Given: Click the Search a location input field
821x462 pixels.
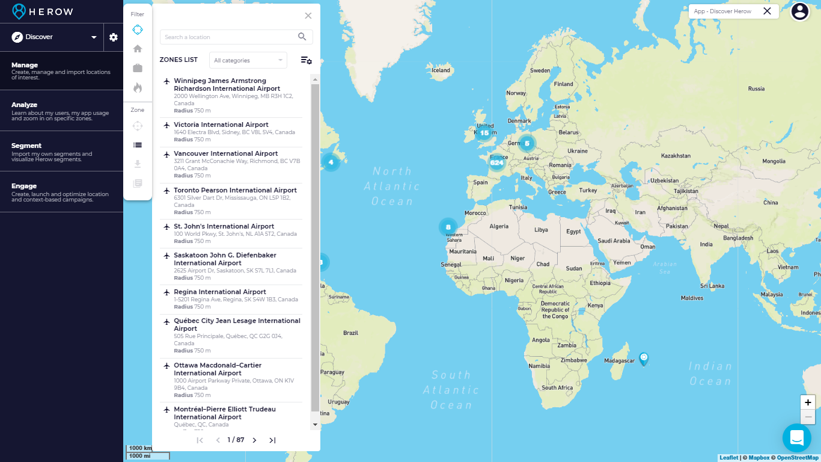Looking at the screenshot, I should [x=228, y=37].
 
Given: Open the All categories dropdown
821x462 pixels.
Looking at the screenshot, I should [x=248, y=60].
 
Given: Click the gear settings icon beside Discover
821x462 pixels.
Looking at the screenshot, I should [x=114, y=37].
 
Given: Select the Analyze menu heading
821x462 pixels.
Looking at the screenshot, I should [x=25, y=105].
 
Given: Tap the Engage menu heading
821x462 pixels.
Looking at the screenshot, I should [x=24, y=186].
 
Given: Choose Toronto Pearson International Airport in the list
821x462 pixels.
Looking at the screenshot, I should [x=235, y=190].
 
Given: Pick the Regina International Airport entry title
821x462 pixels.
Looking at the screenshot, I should [x=219, y=292].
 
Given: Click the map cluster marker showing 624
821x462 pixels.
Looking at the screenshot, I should [x=496, y=162].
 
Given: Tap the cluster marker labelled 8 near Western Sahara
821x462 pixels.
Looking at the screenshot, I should [x=448, y=227].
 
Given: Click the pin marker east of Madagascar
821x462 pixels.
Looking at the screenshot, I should [x=644, y=359].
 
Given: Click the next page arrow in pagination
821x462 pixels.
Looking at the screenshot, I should [x=254, y=440].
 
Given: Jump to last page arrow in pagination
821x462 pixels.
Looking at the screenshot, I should [x=272, y=440].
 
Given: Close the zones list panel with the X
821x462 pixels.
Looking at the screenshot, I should [x=308, y=16].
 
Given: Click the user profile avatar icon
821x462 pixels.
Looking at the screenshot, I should [x=800, y=11].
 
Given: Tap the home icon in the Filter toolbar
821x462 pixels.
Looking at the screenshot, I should [x=138, y=49].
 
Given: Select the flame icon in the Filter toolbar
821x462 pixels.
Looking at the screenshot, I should [x=138, y=88].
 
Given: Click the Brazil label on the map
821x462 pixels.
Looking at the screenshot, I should [x=350, y=333].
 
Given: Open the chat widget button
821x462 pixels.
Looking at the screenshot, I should [x=797, y=437].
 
